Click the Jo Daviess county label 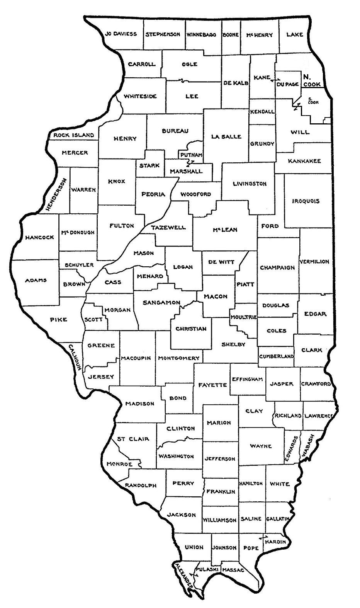click(121, 34)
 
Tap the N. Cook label click(311, 80)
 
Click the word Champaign click(277, 267)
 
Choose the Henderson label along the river click(56, 194)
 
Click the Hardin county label click(276, 542)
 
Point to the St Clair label click(133, 439)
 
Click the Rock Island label click(73, 135)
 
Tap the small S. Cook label click(313, 100)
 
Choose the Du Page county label click(287, 84)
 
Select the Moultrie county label click(243, 317)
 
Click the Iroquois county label click(306, 201)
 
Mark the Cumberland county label click(276, 356)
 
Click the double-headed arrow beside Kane click(275, 80)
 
